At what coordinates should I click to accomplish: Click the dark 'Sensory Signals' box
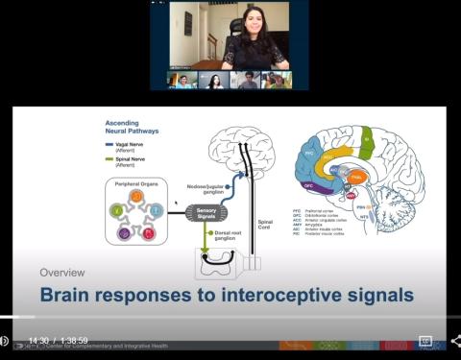[x=206, y=212]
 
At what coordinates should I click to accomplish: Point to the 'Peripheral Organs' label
[x=138, y=182]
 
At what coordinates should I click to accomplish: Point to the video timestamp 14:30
[x=38, y=341]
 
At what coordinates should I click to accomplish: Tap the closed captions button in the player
[x=425, y=341]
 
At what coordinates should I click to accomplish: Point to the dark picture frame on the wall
[x=189, y=23]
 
